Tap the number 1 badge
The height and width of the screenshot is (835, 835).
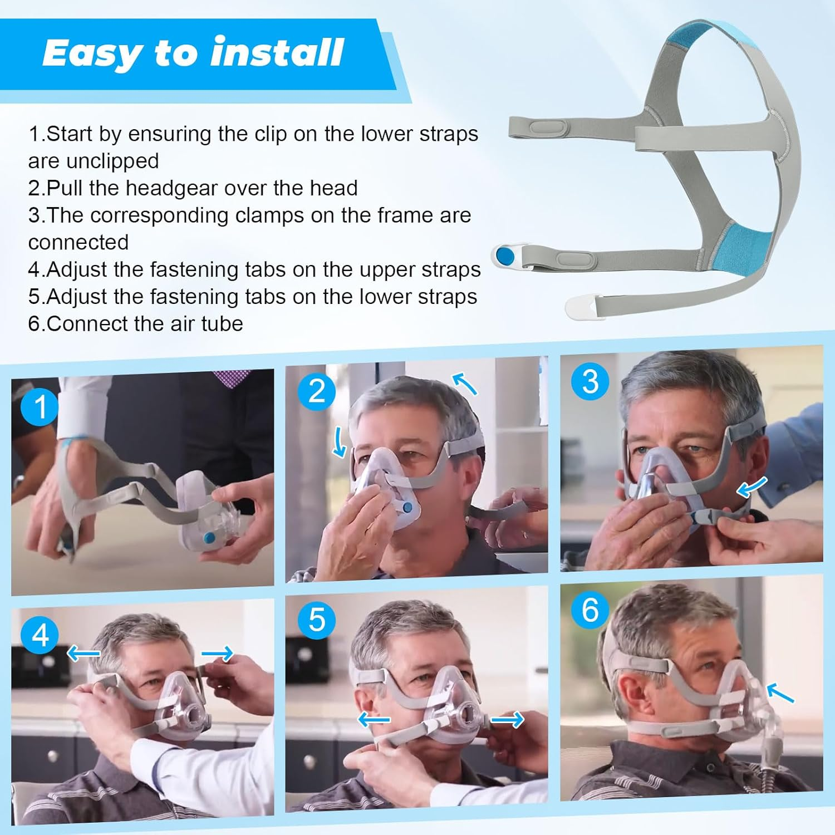[40, 406]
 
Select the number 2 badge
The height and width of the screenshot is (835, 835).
[316, 391]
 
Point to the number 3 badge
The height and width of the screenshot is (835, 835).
[590, 382]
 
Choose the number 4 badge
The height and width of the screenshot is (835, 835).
[40, 635]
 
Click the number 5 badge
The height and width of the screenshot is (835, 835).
[316, 620]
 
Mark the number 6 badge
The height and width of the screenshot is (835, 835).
[590, 610]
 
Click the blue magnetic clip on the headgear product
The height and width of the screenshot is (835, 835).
[505, 256]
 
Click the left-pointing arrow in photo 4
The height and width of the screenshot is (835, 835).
[83, 652]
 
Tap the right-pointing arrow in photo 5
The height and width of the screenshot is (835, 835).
[507, 720]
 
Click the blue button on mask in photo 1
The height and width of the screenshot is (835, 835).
[209, 538]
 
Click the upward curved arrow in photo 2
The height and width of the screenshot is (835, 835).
[465, 384]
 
